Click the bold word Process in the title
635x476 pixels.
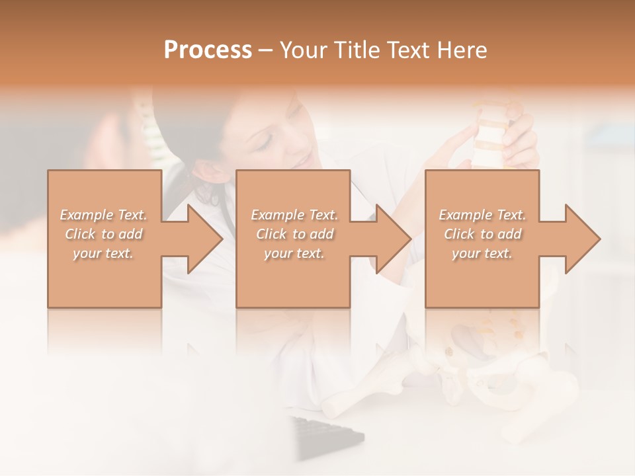208,50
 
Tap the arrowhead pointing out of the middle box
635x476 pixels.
393,239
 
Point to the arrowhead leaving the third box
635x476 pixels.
581,239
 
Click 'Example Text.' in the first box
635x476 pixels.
104,215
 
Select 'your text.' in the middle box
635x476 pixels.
294,253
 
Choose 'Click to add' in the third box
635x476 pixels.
482,234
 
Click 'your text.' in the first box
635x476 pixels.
103,253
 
